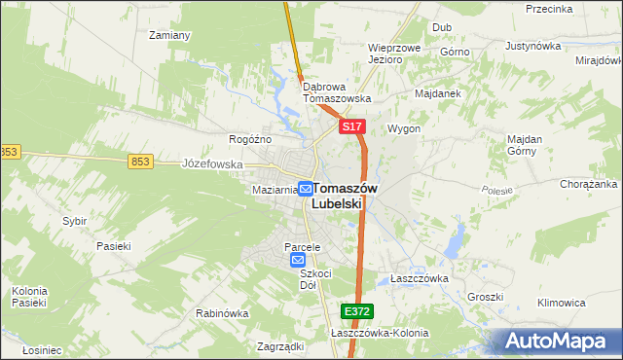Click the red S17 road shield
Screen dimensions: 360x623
[352, 126]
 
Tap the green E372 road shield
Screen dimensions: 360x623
[355, 310]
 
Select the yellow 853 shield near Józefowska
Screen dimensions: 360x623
[140, 161]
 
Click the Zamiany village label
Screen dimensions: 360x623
[168, 35]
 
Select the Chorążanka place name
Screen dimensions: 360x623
[589, 184]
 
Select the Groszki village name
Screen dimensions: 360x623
[484, 297]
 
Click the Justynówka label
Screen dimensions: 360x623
[534, 46]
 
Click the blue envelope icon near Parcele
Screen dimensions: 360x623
[298, 261]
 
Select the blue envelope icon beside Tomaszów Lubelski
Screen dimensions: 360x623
[306, 189]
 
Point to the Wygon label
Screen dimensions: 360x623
[404, 128]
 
